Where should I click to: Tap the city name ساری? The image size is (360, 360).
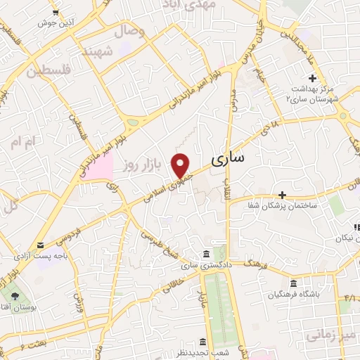[229, 158]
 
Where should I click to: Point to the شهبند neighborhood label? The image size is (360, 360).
[98, 53]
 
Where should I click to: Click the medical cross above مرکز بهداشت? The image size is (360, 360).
[312, 77]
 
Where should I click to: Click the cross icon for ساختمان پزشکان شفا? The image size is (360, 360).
[282, 194]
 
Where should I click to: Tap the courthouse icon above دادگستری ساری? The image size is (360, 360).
[205, 253]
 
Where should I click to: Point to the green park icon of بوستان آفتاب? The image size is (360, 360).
[15, 296]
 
